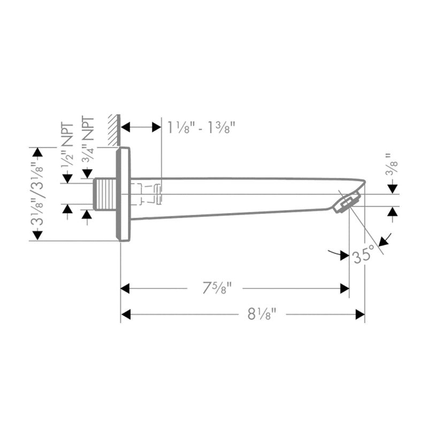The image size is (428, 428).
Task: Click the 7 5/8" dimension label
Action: (x=216, y=289)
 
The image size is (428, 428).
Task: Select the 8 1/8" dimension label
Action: (x=261, y=315)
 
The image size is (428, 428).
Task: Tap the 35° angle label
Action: (x=362, y=255)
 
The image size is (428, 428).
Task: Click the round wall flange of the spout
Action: (x=123, y=194)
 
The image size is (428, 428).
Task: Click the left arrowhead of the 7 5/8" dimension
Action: (x=126, y=289)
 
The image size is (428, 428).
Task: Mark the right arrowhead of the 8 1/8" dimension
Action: (x=360, y=315)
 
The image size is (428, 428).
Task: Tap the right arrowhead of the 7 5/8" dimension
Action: (x=345, y=289)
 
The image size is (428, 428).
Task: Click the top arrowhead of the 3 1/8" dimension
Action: (x=37, y=152)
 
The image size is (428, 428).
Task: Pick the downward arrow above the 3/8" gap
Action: (x=393, y=188)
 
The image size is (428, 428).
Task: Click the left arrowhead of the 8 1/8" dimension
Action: (x=126, y=315)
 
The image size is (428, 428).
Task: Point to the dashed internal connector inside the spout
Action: (x=147, y=194)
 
